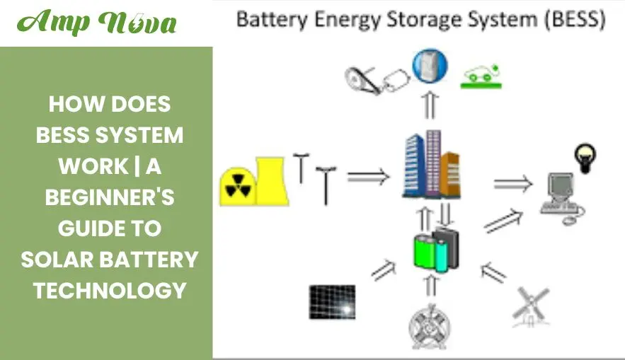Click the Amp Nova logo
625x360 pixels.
click(98, 23)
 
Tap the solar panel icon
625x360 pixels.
click(331, 302)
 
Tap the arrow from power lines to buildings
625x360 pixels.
click(369, 177)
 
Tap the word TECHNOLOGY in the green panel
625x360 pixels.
click(110, 290)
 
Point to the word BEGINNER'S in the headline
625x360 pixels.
click(110, 197)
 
